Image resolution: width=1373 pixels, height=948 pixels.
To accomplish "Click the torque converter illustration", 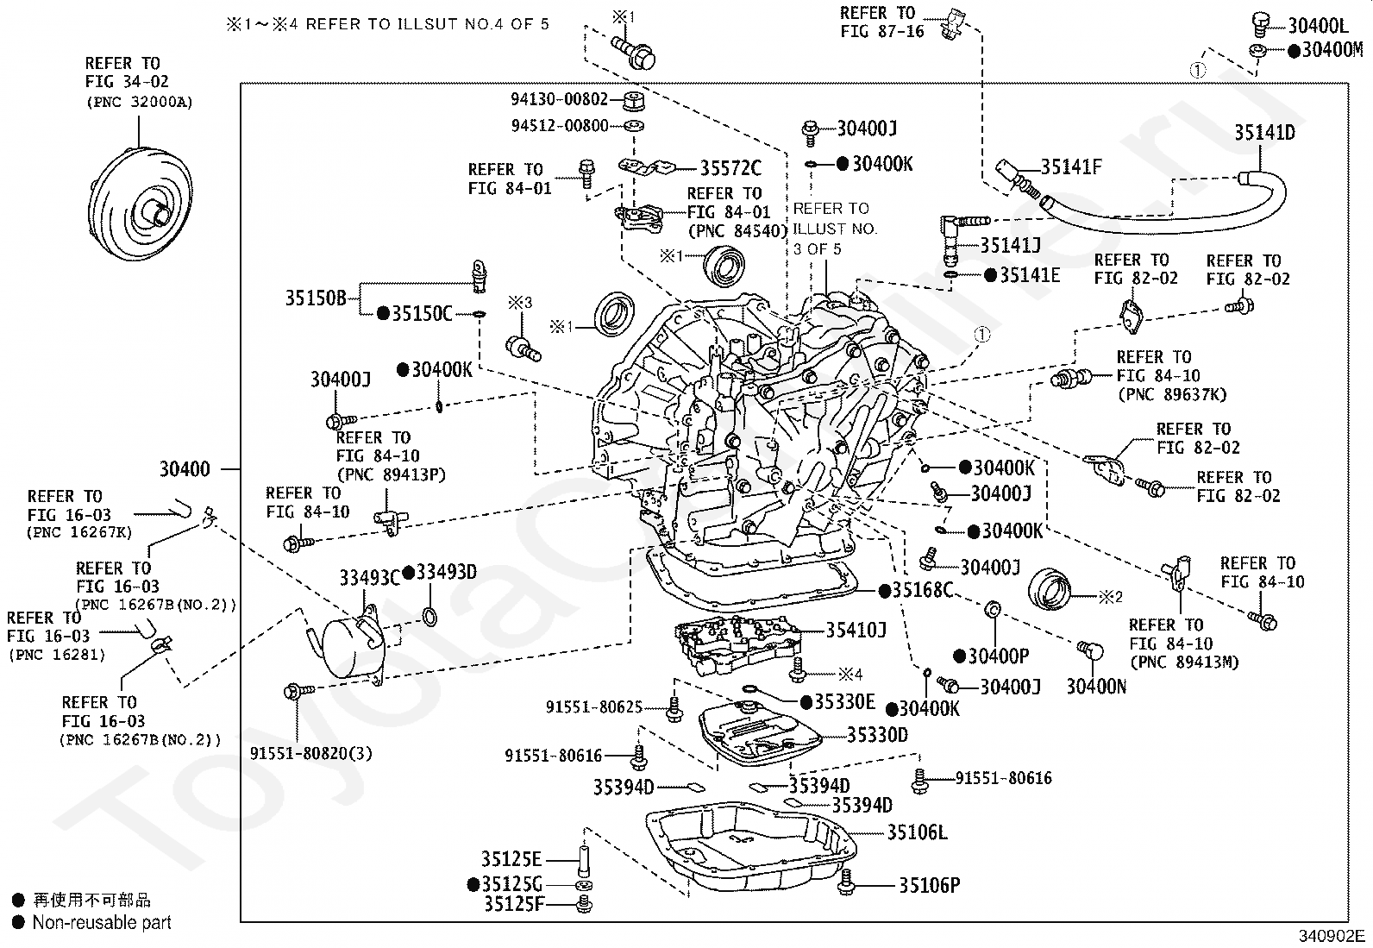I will click(138, 207).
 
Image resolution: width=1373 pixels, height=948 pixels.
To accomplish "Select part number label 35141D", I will click(1263, 133).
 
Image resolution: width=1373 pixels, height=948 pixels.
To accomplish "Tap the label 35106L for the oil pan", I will click(917, 832).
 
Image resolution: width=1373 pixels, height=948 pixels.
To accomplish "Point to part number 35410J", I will click(856, 631).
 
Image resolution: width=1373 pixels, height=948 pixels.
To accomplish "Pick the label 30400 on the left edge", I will click(185, 470).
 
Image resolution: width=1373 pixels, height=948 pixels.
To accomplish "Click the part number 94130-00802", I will click(560, 99).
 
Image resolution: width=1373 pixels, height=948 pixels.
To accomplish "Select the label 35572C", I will click(730, 168).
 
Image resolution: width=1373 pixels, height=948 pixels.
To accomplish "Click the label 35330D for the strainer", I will click(877, 735).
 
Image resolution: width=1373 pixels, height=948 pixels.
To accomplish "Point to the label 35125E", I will click(511, 859).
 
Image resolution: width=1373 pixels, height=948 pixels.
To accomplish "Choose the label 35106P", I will click(930, 885).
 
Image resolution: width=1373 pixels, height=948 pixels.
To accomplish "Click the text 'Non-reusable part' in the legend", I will click(102, 922).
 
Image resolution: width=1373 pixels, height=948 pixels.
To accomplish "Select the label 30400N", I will click(1095, 687).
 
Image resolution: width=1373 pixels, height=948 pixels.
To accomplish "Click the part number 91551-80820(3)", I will click(311, 753).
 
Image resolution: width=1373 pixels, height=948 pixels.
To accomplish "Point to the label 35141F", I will click(1070, 167).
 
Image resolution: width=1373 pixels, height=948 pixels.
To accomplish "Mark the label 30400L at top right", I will click(1318, 26).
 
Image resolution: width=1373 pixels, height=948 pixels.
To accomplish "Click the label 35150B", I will click(315, 298).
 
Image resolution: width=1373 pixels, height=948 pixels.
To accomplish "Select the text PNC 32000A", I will click(139, 102).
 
